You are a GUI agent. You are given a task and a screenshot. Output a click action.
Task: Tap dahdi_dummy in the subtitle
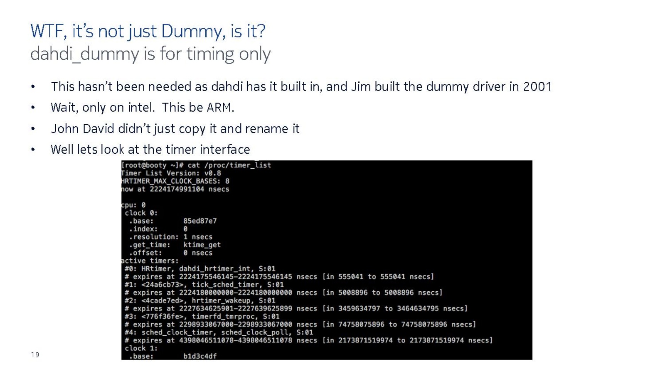pyautogui.click(x=85, y=54)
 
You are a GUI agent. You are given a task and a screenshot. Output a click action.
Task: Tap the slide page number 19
pyautogui.click(x=35, y=355)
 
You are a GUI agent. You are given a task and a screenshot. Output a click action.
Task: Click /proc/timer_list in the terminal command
pyautogui.click(x=237, y=165)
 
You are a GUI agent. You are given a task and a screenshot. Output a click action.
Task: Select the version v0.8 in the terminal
pyautogui.click(x=212, y=173)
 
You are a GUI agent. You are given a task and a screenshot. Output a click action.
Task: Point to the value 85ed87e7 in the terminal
pyautogui.click(x=200, y=221)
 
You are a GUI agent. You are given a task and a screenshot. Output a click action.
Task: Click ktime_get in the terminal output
pyautogui.click(x=202, y=245)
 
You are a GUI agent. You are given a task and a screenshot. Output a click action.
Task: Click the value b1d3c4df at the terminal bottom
pyautogui.click(x=200, y=356)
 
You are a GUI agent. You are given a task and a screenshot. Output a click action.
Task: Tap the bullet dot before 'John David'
pyautogui.click(x=33, y=129)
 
